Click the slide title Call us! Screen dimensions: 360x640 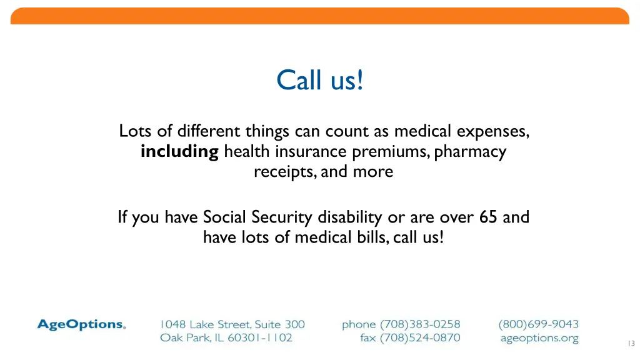click(x=319, y=81)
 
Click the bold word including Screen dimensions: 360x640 click(x=179, y=152)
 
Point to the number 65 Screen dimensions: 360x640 click(x=488, y=217)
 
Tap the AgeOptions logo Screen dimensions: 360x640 click(x=81, y=324)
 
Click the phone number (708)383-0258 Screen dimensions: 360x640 click(x=419, y=324)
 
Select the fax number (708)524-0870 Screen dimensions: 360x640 click(x=419, y=338)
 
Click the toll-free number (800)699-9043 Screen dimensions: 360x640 click(x=539, y=324)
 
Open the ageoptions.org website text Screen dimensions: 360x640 click(x=539, y=338)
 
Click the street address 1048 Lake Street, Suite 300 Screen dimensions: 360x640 click(x=232, y=324)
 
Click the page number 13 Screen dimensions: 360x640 click(x=630, y=343)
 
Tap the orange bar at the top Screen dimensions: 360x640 click(x=319, y=16)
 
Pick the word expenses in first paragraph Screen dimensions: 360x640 click(x=493, y=132)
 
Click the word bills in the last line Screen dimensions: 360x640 click(x=372, y=237)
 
